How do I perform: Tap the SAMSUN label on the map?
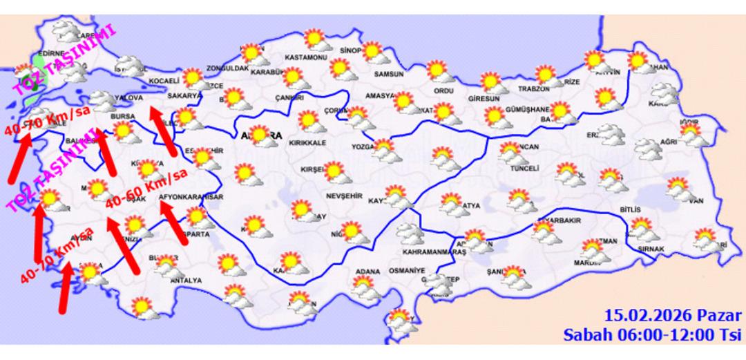[x=388, y=74]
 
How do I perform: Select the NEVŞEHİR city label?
[x=343, y=196]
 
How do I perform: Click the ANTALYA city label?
[x=186, y=281]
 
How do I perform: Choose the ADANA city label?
[x=368, y=271]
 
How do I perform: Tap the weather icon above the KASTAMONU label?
[x=316, y=40]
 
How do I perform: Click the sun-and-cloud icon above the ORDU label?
[x=438, y=71]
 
